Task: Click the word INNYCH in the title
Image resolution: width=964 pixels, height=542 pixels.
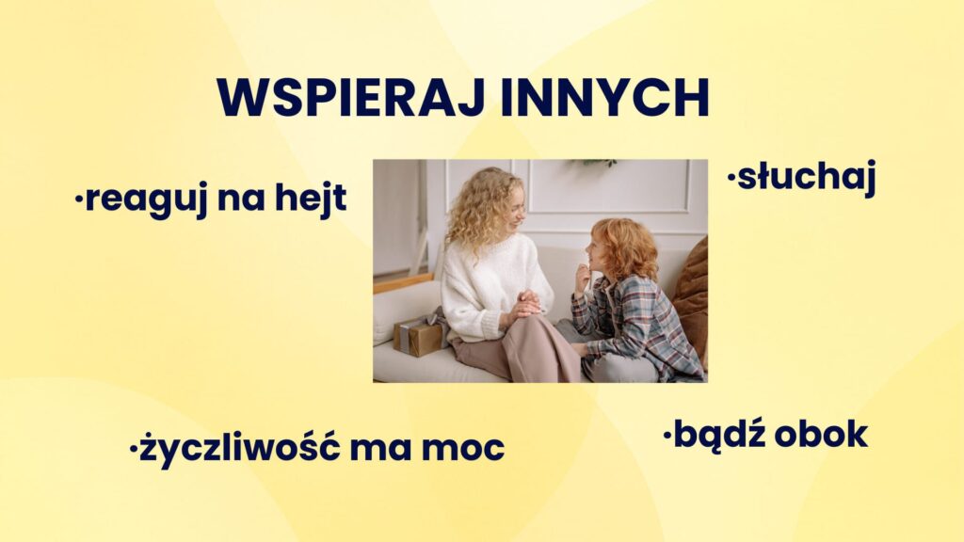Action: pyautogui.click(x=605, y=98)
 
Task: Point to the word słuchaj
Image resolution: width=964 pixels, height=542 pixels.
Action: pyautogui.click(x=806, y=178)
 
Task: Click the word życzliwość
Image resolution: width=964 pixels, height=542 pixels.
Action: pyautogui.click(x=239, y=447)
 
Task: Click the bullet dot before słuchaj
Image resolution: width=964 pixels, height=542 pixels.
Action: pyautogui.click(x=731, y=179)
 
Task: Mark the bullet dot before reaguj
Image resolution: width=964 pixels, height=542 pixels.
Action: pyautogui.click(x=79, y=199)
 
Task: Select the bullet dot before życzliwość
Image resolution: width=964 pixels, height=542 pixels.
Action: pyautogui.click(x=133, y=449)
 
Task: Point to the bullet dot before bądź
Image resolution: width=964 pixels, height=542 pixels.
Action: pyautogui.click(x=667, y=435)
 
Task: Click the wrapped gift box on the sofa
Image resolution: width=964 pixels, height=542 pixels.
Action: pyautogui.click(x=420, y=335)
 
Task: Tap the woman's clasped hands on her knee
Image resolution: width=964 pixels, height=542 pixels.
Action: pyautogui.click(x=526, y=303)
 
